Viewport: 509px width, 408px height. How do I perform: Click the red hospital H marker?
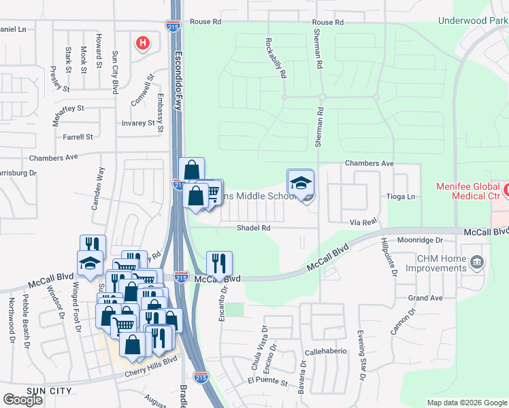[x=143, y=44]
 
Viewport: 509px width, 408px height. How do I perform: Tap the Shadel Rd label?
[x=254, y=228]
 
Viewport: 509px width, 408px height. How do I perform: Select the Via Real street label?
[x=363, y=222]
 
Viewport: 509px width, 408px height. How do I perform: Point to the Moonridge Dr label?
[x=421, y=240]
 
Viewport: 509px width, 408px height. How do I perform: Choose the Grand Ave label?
[x=425, y=298]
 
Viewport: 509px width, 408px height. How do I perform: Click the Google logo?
[x=22, y=400]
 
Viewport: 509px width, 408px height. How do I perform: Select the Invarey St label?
[x=138, y=123]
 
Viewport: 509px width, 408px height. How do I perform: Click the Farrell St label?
[x=77, y=137]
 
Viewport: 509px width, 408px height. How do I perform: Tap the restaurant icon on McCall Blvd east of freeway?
[x=219, y=262]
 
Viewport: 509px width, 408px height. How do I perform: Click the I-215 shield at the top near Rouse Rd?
[x=173, y=26]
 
